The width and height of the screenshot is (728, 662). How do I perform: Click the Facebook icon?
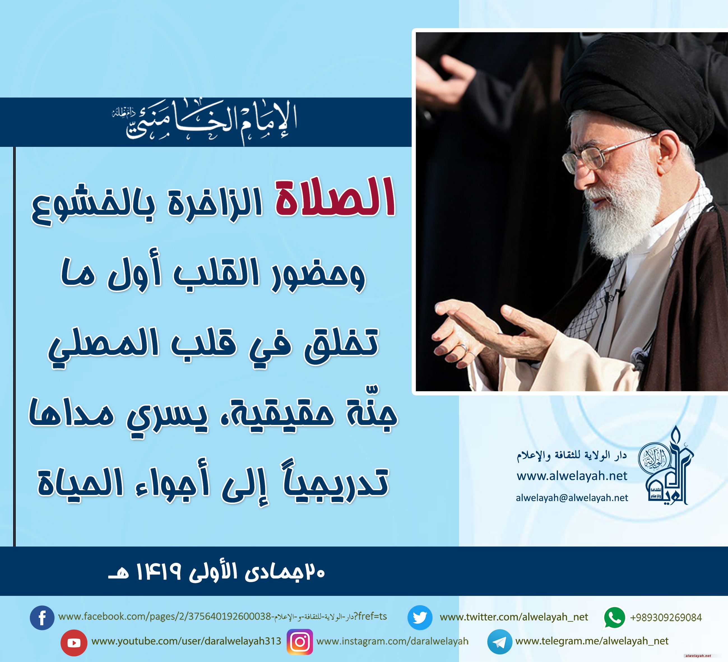(42, 618)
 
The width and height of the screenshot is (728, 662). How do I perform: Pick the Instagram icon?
(300, 642)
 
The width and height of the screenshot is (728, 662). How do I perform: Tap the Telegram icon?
(499, 642)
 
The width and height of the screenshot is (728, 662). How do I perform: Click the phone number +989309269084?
(666, 618)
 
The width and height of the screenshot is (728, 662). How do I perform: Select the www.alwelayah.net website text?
(572, 476)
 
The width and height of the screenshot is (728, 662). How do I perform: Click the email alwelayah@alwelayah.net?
(572, 498)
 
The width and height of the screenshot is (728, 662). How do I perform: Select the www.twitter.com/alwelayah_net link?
(514, 617)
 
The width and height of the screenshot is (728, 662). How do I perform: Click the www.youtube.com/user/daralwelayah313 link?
(186, 642)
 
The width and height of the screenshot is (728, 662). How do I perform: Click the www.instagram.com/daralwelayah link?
(392, 642)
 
